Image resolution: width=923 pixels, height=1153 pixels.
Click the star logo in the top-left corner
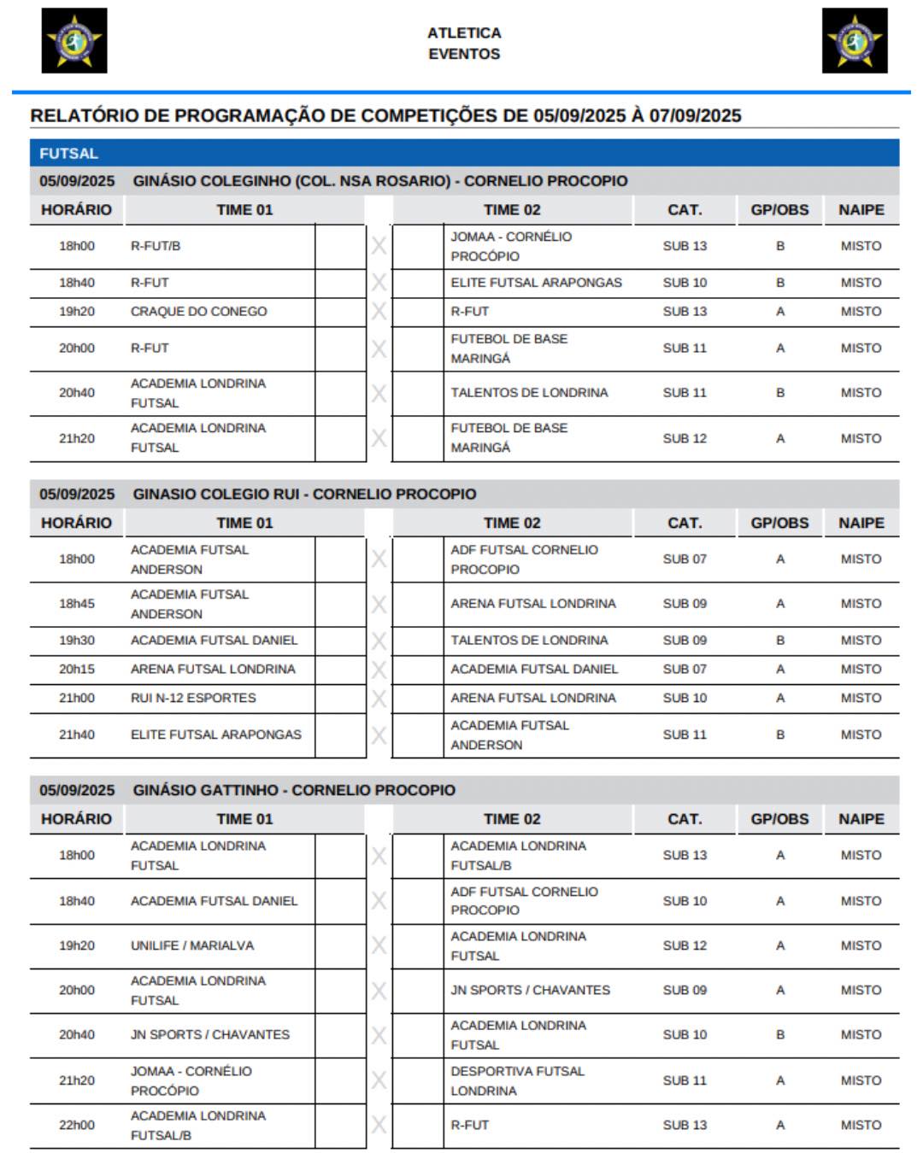point(74,40)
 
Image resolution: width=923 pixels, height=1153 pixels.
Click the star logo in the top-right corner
point(855,40)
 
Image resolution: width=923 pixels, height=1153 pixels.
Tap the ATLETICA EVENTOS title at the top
point(464,43)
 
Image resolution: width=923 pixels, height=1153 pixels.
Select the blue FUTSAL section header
point(68,154)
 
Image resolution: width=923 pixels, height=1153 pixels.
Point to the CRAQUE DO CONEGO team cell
point(198,312)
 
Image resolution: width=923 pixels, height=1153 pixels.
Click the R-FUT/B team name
point(156,246)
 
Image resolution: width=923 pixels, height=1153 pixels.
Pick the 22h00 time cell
point(77,1125)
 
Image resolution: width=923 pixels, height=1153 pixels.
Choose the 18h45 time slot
point(77,604)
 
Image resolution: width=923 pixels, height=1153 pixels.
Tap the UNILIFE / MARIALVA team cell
point(192,945)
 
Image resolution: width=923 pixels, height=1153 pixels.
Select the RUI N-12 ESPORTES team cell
point(193,698)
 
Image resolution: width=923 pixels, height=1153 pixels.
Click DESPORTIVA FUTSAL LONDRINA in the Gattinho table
point(518,1080)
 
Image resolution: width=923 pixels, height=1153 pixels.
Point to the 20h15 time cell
point(77,669)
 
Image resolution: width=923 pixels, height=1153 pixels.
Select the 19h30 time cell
point(77,641)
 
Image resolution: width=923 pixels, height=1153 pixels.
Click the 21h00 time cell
point(77,698)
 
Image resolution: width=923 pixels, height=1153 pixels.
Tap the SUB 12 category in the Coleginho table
point(685,438)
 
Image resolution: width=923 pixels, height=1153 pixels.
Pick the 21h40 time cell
point(77,735)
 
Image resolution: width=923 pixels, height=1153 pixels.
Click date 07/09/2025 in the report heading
point(695,115)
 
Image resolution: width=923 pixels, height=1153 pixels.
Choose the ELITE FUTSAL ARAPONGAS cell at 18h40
point(536,283)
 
